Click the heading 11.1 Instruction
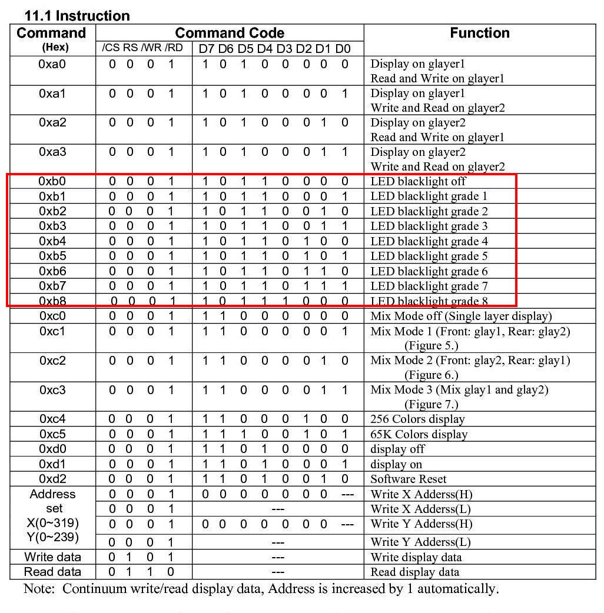pos(77,15)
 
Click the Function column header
pos(479,33)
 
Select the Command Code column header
pos(230,33)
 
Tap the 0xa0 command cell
pos(52,64)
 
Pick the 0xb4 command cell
pos(52,241)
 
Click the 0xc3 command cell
pos(52,390)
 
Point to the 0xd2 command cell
pos(52,479)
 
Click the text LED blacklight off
pos(418,181)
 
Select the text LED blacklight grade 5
pos(429,256)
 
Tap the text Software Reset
pos(408,479)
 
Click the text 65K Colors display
pos(419,434)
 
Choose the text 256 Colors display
pos(417,419)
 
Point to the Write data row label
pos(52,557)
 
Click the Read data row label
pos(52,572)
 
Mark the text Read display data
pos(415,572)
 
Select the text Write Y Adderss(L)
pos(421,542)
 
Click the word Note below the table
pos(38,589)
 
